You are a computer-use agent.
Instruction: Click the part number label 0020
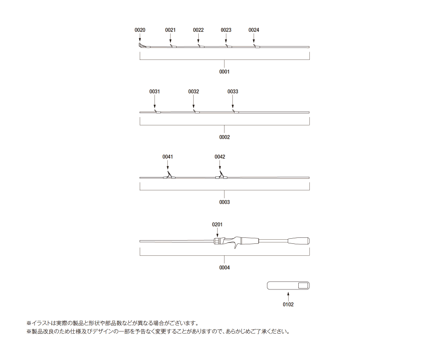click(x=140, y=30)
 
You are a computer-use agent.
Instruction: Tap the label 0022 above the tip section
click(x=198, y=30)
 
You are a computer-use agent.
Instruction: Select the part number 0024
click(x=254, y=30)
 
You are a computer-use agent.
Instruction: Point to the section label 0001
click(x=224, y=71)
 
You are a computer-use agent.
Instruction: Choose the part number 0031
click(x=154, y=91)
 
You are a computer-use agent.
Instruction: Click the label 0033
click(x=233, y=91)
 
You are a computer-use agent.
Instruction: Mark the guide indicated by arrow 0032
click(x=195, y=112)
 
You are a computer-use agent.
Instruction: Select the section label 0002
click(x=224, y=137)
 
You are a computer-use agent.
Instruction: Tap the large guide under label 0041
click(x=169, y=176)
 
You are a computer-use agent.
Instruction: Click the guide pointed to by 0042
click(x=221, y=176)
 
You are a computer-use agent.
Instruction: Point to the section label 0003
click(x=224, y=202)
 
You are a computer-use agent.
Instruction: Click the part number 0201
click(x=217, y=224)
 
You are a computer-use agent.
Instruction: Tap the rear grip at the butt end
click(x=298, y=241)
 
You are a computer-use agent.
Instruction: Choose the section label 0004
click(x=224, y=267)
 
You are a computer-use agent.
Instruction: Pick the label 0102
click(x=288, y=305)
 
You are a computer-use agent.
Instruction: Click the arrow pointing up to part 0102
click(x=288, y=296)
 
